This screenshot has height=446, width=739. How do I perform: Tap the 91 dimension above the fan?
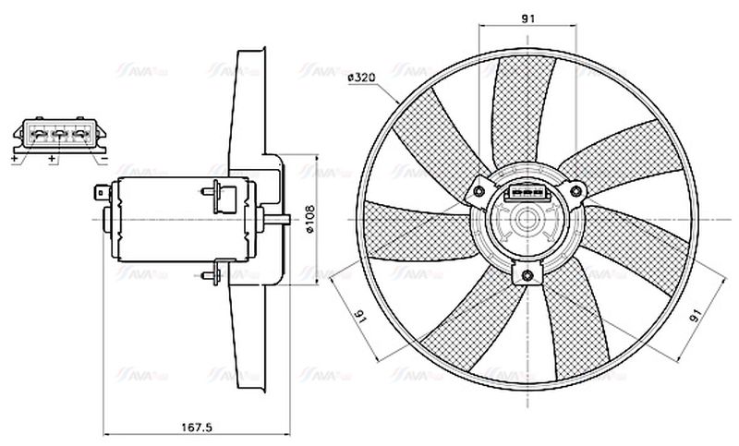(528, 18)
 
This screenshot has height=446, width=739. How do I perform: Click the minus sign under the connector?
(104, 159)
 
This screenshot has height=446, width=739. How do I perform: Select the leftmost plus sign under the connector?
(16, 159)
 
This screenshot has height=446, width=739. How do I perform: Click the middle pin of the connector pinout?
(57, 135)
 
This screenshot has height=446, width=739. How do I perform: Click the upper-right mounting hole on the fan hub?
(577, 191)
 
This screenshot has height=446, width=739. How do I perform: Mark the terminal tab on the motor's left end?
(103, 194)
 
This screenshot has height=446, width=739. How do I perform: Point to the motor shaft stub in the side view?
(282, 219)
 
